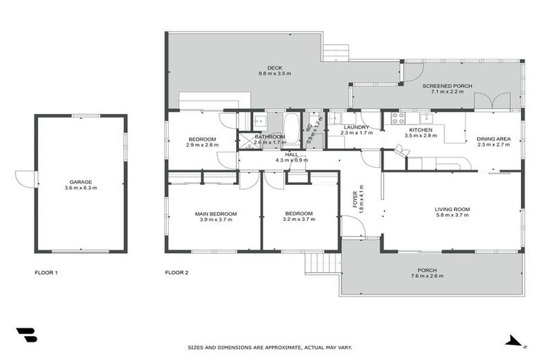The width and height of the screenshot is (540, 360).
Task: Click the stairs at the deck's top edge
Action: click(335, 53)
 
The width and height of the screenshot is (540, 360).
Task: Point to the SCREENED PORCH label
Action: click(447, 86)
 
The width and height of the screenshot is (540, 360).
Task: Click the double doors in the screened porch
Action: click(491, 101)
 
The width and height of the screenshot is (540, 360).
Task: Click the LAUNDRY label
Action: click(354, 127)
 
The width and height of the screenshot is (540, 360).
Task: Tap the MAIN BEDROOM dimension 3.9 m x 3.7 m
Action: click(216, 219)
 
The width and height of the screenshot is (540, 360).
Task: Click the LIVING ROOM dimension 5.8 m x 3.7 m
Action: click(452, 215)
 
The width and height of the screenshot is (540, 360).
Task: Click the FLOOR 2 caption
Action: click(176, 272)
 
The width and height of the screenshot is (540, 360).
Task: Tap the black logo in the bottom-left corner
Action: click(26, 335)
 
